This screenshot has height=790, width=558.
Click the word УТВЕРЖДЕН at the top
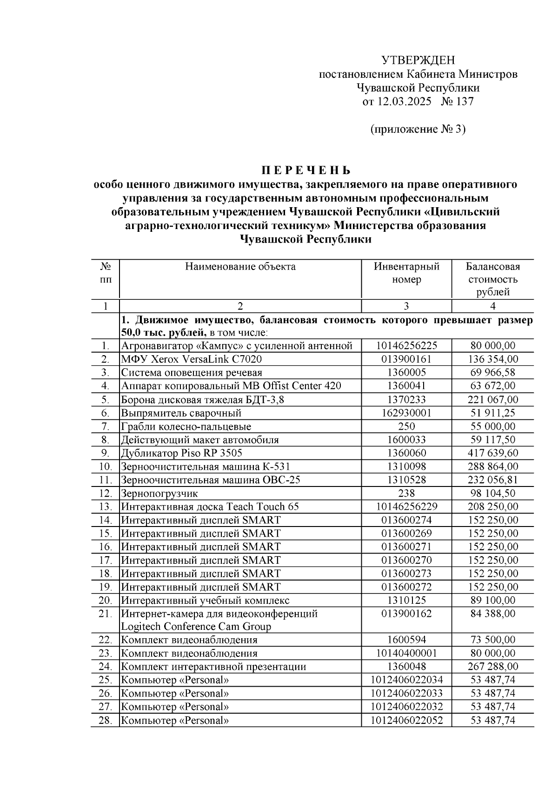coord(418,60)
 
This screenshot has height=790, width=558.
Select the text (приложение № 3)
coord(418,129)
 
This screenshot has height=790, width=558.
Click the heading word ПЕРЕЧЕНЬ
coord(306,170)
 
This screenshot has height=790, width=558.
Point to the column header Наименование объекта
coord(240,267)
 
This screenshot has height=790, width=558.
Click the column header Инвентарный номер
coord(406,273)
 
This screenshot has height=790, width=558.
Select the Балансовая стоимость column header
coord(493,279)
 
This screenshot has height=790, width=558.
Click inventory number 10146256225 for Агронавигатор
coord(406,346)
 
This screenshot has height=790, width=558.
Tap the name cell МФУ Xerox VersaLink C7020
coord(191,359)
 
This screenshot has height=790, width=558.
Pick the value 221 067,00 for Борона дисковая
coord(493,400)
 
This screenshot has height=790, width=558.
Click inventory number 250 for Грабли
coord(406,426)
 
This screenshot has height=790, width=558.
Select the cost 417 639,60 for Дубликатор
coord(493,453)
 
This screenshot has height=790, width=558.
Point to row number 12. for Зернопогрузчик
coord(106,493)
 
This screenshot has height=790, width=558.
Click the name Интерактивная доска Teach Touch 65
coord(210,507)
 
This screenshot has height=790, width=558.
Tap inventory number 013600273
coord(406,574)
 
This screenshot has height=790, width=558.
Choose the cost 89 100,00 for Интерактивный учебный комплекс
coord(493,601)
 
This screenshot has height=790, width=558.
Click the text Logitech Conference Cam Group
coord(196,627)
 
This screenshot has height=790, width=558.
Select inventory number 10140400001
coord(406,654)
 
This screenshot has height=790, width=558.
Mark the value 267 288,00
coord(493,667)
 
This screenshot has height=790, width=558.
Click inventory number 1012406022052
coord(406,721)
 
